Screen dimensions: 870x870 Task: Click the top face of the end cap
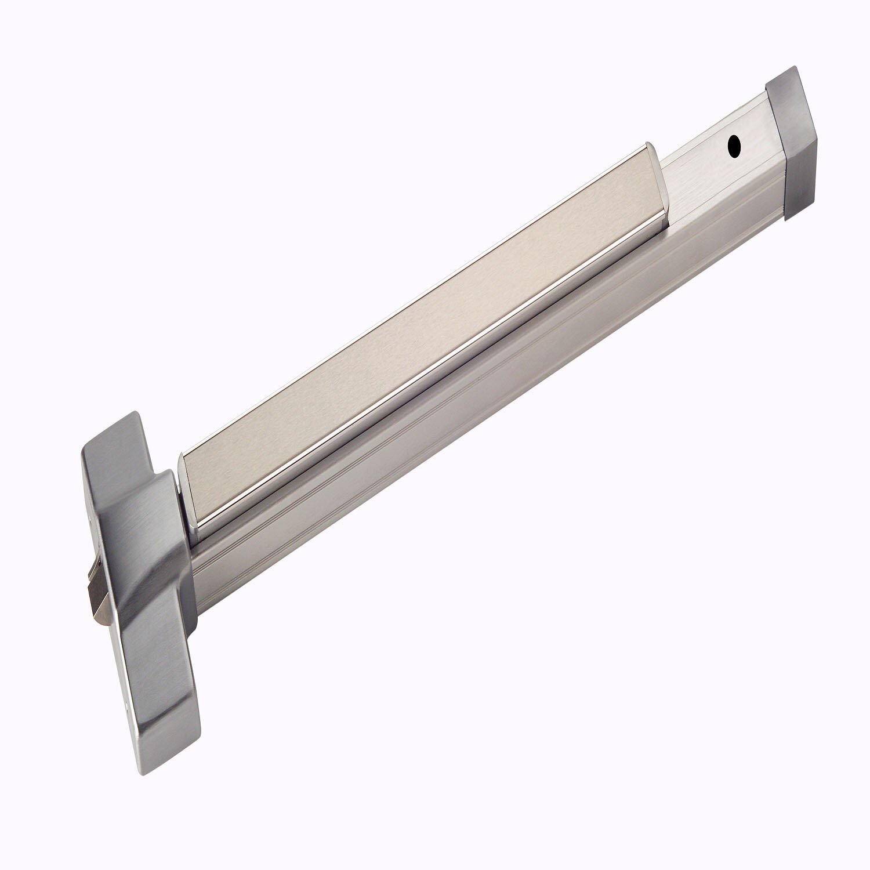click(x=783, y=81)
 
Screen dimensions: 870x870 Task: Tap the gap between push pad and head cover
click(x=178, y=481)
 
